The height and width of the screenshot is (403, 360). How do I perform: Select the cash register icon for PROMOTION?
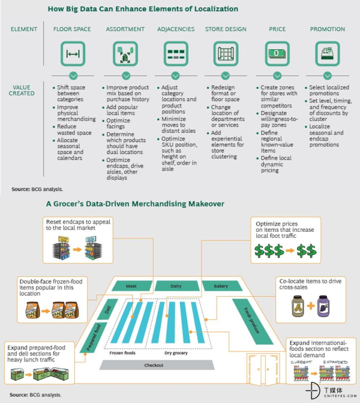(x=327, y=53)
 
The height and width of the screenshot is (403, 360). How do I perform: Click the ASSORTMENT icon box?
(x=125, y=53)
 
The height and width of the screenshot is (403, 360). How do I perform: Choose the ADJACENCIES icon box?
(x=176, y=53)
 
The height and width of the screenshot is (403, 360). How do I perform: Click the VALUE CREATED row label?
(x=22, y=91)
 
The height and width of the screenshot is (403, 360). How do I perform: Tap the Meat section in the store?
(x=131, y=286)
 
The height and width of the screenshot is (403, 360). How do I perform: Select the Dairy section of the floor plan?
(x=175, y=286)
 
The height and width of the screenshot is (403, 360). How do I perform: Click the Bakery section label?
(x=221, y=286)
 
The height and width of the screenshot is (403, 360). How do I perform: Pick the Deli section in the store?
(x=109, y=309)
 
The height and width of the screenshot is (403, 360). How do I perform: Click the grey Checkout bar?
(x=154, y=366)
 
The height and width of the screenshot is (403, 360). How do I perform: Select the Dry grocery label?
(x=176, y=353)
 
